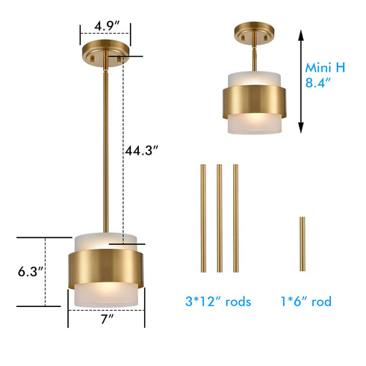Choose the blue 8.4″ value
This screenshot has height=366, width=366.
click(x=320, y=84)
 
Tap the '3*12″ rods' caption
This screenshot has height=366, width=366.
click(x=218, y=302)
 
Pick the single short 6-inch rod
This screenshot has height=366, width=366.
click(x=302, y=245)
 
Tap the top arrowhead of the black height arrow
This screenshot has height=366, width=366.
click(x=300, y=34)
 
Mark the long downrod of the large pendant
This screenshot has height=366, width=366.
click(x=106, y=149)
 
